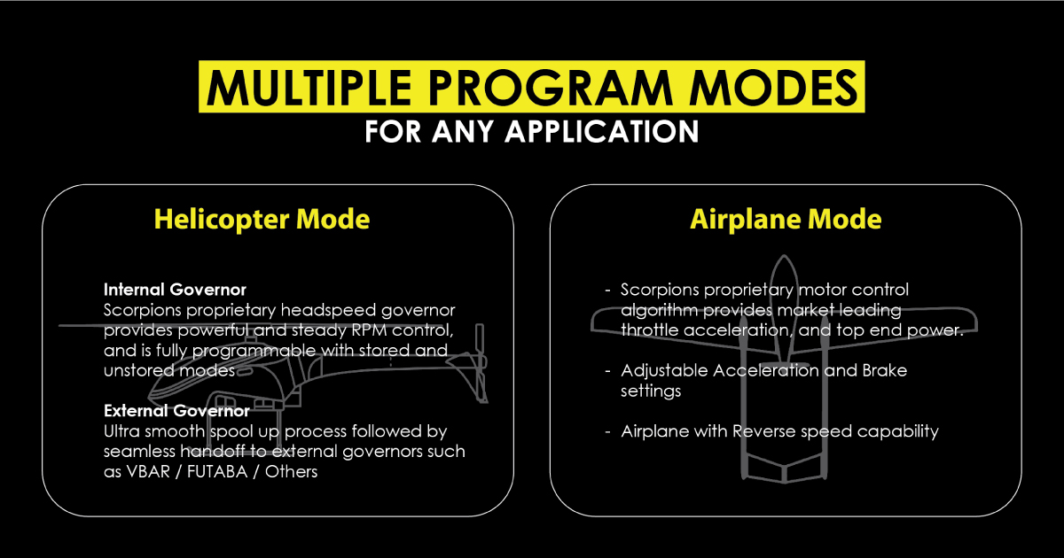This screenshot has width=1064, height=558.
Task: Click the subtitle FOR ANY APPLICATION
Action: click(531, 131)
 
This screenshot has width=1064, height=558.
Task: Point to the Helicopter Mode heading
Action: click(262, 219)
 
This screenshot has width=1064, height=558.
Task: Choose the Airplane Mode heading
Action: click(786, 219)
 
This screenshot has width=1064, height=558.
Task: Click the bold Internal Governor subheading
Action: click(175, 290)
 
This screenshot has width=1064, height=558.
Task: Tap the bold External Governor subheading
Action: click(176, 411)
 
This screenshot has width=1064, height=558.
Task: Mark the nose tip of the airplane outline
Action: click(785, 259)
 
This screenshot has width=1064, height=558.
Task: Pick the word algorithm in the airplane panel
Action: click(660, 310)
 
